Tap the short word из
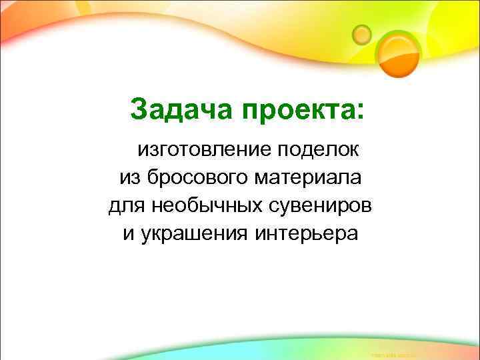[x=129, y=178]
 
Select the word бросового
[x=194, y=178]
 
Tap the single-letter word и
[x=127, y=235]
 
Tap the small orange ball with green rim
[x=362, y=33]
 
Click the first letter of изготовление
[x=142, y=149]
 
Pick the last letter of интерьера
[x=353, y=235]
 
